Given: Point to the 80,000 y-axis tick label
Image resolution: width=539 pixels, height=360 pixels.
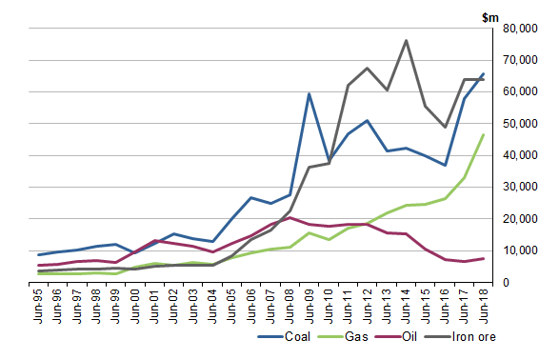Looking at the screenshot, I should [512, 29].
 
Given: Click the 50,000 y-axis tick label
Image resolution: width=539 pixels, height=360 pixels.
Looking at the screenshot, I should [512, 124].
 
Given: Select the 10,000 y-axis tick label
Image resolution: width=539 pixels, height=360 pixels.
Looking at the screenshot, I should [512, 250].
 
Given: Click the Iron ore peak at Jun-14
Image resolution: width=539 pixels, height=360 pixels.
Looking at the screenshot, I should [406, 41].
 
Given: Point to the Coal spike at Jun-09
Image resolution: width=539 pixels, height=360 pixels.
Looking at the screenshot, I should [309, 94].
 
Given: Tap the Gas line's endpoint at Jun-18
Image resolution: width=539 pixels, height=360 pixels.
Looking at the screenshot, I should [483, 134].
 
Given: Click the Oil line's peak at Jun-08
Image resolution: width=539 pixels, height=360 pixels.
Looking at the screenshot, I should [289, 218].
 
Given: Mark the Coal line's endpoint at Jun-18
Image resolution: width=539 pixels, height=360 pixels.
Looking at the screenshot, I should [483, 73].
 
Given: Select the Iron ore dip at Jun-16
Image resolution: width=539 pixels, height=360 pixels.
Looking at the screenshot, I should [445, 127].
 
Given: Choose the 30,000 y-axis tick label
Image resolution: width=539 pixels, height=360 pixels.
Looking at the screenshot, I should [512, 188].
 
